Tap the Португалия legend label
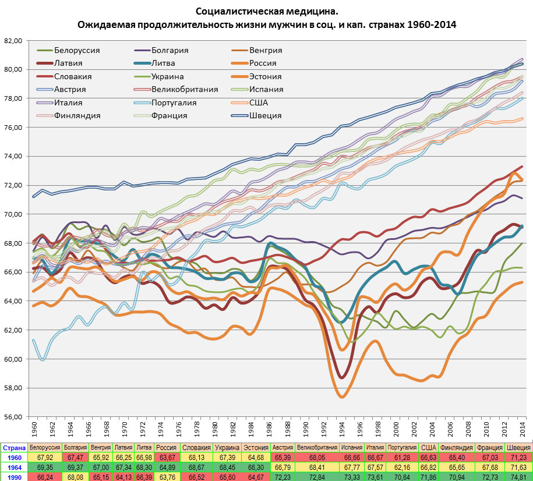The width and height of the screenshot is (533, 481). tap(174, 102)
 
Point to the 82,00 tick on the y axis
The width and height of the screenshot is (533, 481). tap(13, 41)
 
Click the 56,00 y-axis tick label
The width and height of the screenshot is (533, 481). tap(13, 417)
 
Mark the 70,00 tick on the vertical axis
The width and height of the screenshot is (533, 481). tap(13, 214)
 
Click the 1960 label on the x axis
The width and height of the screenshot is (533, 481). tap(34, 429)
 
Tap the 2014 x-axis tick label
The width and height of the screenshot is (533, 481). tap(523, 429)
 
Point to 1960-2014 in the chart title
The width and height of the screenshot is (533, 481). tap(432, 25)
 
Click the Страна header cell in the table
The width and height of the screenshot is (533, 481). tap(13, 447)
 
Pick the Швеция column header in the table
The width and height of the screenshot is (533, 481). tap(518, 447)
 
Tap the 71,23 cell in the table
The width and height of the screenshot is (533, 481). tap(518, 457)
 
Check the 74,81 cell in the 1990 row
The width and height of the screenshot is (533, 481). tap(518, 477)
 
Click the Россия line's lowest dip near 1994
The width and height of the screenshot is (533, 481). tap(342, 397)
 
